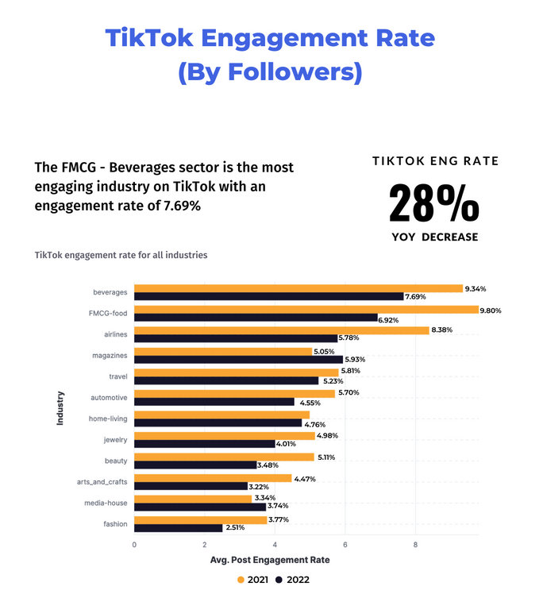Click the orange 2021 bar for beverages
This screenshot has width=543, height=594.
pos(298,288)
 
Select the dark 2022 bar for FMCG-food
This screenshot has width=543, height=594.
pos(256,318)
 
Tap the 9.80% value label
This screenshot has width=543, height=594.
pos(491,310)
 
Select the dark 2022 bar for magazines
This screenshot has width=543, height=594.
pos(238,359)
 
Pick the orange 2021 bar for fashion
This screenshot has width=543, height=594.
pos(200,519)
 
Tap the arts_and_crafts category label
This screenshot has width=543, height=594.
pos(102,482)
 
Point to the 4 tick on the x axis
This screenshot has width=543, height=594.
pos(275,545)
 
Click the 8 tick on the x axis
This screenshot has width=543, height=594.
pos(415,545)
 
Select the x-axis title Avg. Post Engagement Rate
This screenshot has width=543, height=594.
pos(269,560)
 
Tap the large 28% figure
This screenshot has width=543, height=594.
pos(433,203)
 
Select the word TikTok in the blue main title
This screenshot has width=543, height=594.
pos(154,38)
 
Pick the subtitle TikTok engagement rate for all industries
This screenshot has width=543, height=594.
pos(121,255)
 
